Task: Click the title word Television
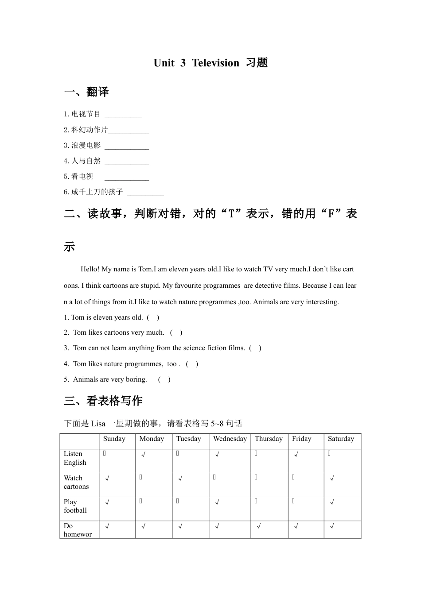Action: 215,63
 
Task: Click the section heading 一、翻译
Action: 86,92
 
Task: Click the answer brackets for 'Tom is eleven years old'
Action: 153,317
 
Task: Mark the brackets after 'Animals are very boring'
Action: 164,379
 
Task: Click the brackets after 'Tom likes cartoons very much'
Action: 176,332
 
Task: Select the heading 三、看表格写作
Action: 103,401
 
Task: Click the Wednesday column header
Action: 230,439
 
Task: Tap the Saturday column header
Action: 341,439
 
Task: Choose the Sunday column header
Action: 114,439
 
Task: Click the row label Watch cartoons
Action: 76,482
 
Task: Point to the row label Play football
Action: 75,506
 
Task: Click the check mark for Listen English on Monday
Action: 144,454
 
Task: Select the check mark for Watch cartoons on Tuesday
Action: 180,479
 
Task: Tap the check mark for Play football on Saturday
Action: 332,502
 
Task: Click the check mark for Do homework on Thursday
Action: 259,526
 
